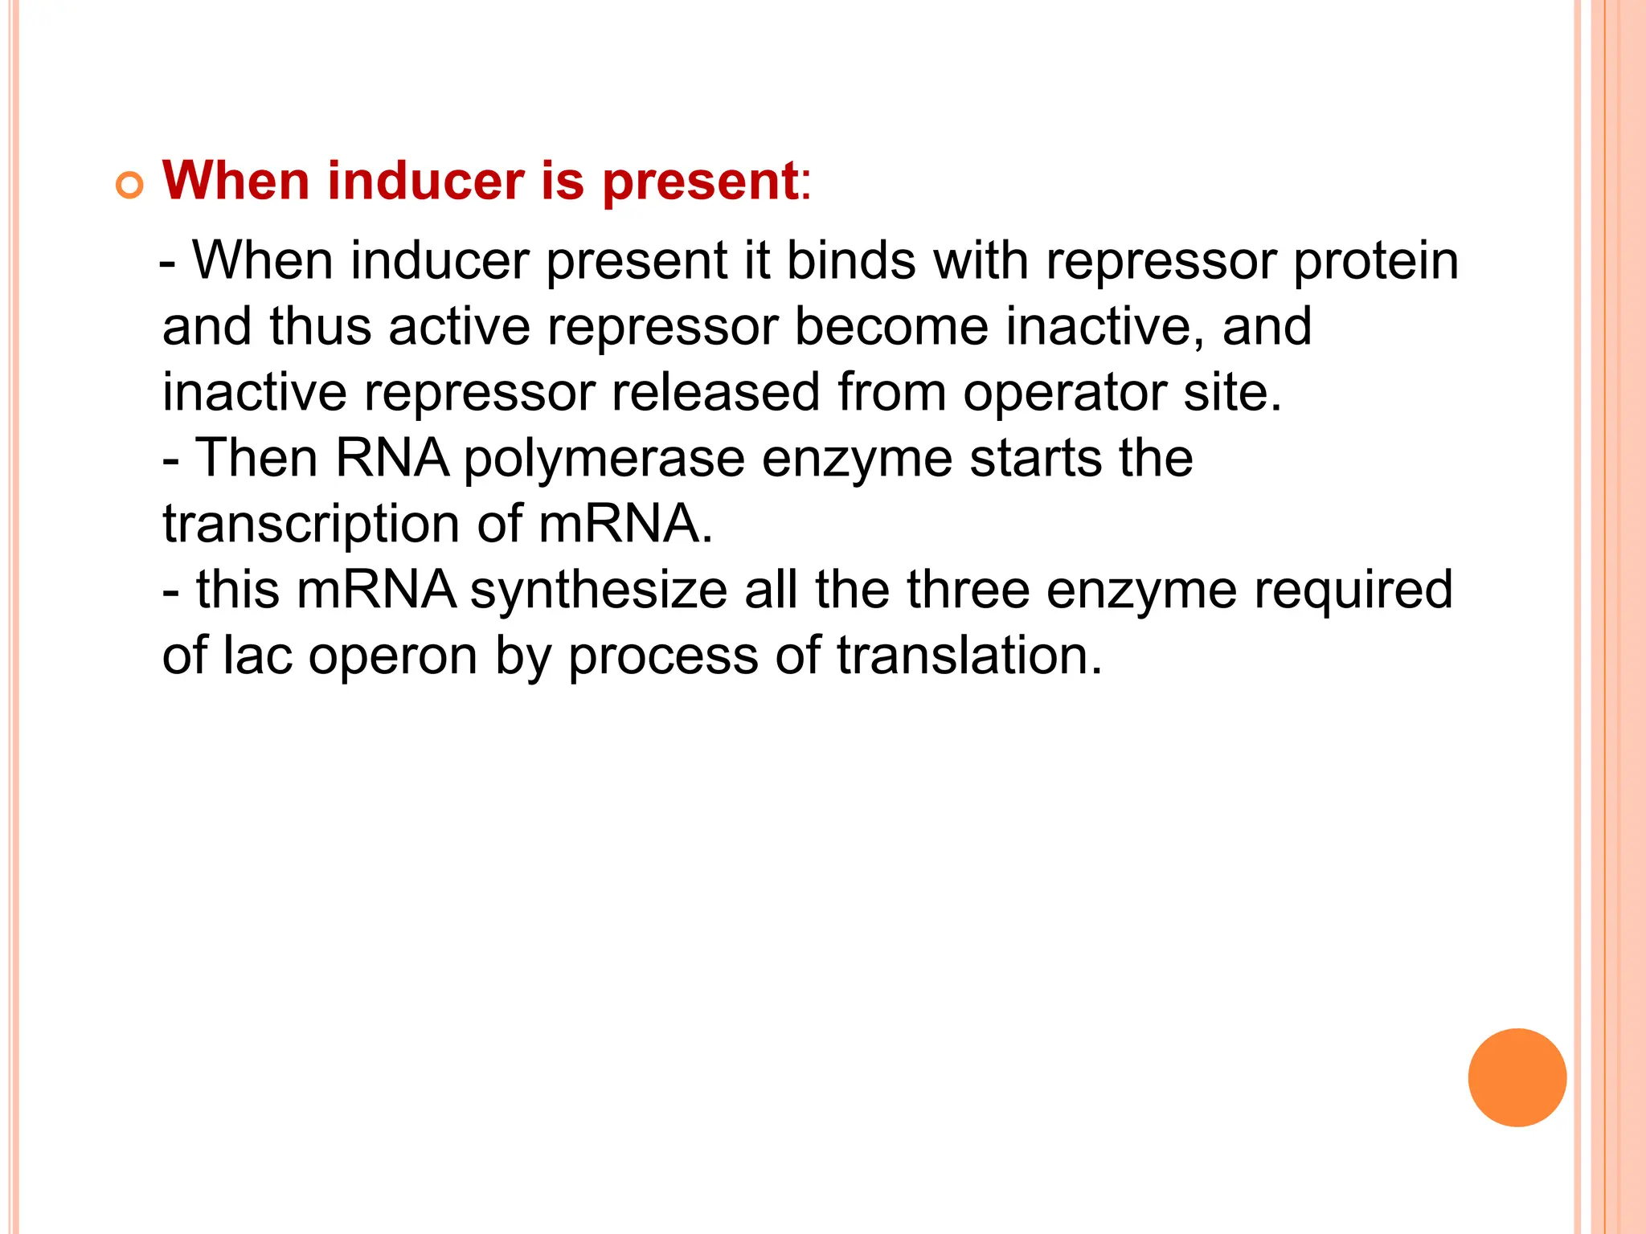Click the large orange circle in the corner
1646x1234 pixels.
click(1517, 1077)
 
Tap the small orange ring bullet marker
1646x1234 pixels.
click(129, 186)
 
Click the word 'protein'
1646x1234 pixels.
click(1375, 262)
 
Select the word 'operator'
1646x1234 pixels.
click(1065, 394)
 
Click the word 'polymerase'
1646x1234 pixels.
click(604, 460)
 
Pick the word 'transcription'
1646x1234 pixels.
click(311, 525)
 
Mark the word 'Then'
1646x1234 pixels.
click(256, 458)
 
